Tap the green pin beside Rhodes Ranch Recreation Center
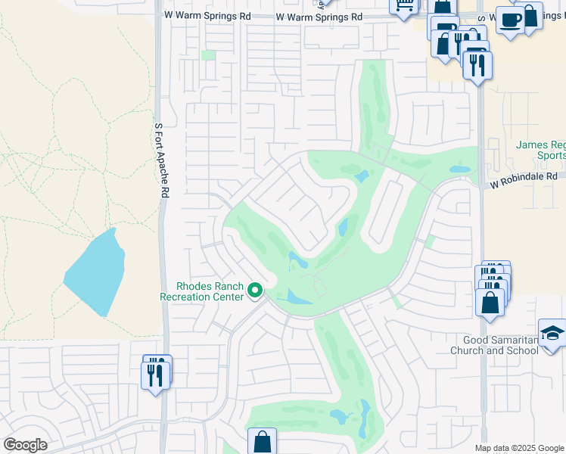pos(256,291)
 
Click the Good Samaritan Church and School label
pos(493,345)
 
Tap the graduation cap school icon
pos(552,333)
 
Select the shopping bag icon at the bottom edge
pos(262,442)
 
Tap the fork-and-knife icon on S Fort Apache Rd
pos(157,375)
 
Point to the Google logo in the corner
pos(25,445)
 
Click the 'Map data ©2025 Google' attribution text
pos(519,448)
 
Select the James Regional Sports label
pos(540,150)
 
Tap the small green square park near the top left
pos(208,55)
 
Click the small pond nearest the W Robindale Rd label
pos(459,169)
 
